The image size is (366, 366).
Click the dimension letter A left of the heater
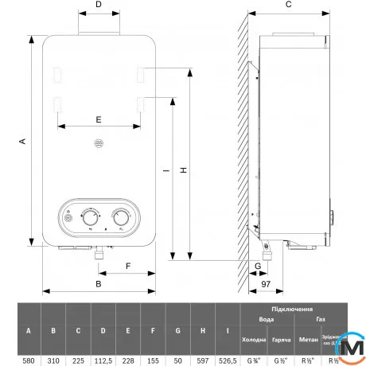tap(23, 141)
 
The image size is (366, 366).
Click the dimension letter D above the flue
tap(99, 5)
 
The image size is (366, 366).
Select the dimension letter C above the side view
tap(288, 5)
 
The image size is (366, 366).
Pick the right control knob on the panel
tap(121, 216)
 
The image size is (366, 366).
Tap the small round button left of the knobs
tap(68, 216)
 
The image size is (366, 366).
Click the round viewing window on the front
tap(99, 145)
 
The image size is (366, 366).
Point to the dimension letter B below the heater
tap(99, 283)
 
